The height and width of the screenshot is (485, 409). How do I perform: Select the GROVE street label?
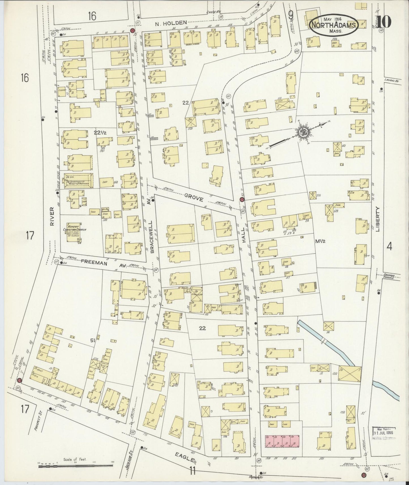tap(194, 199)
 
